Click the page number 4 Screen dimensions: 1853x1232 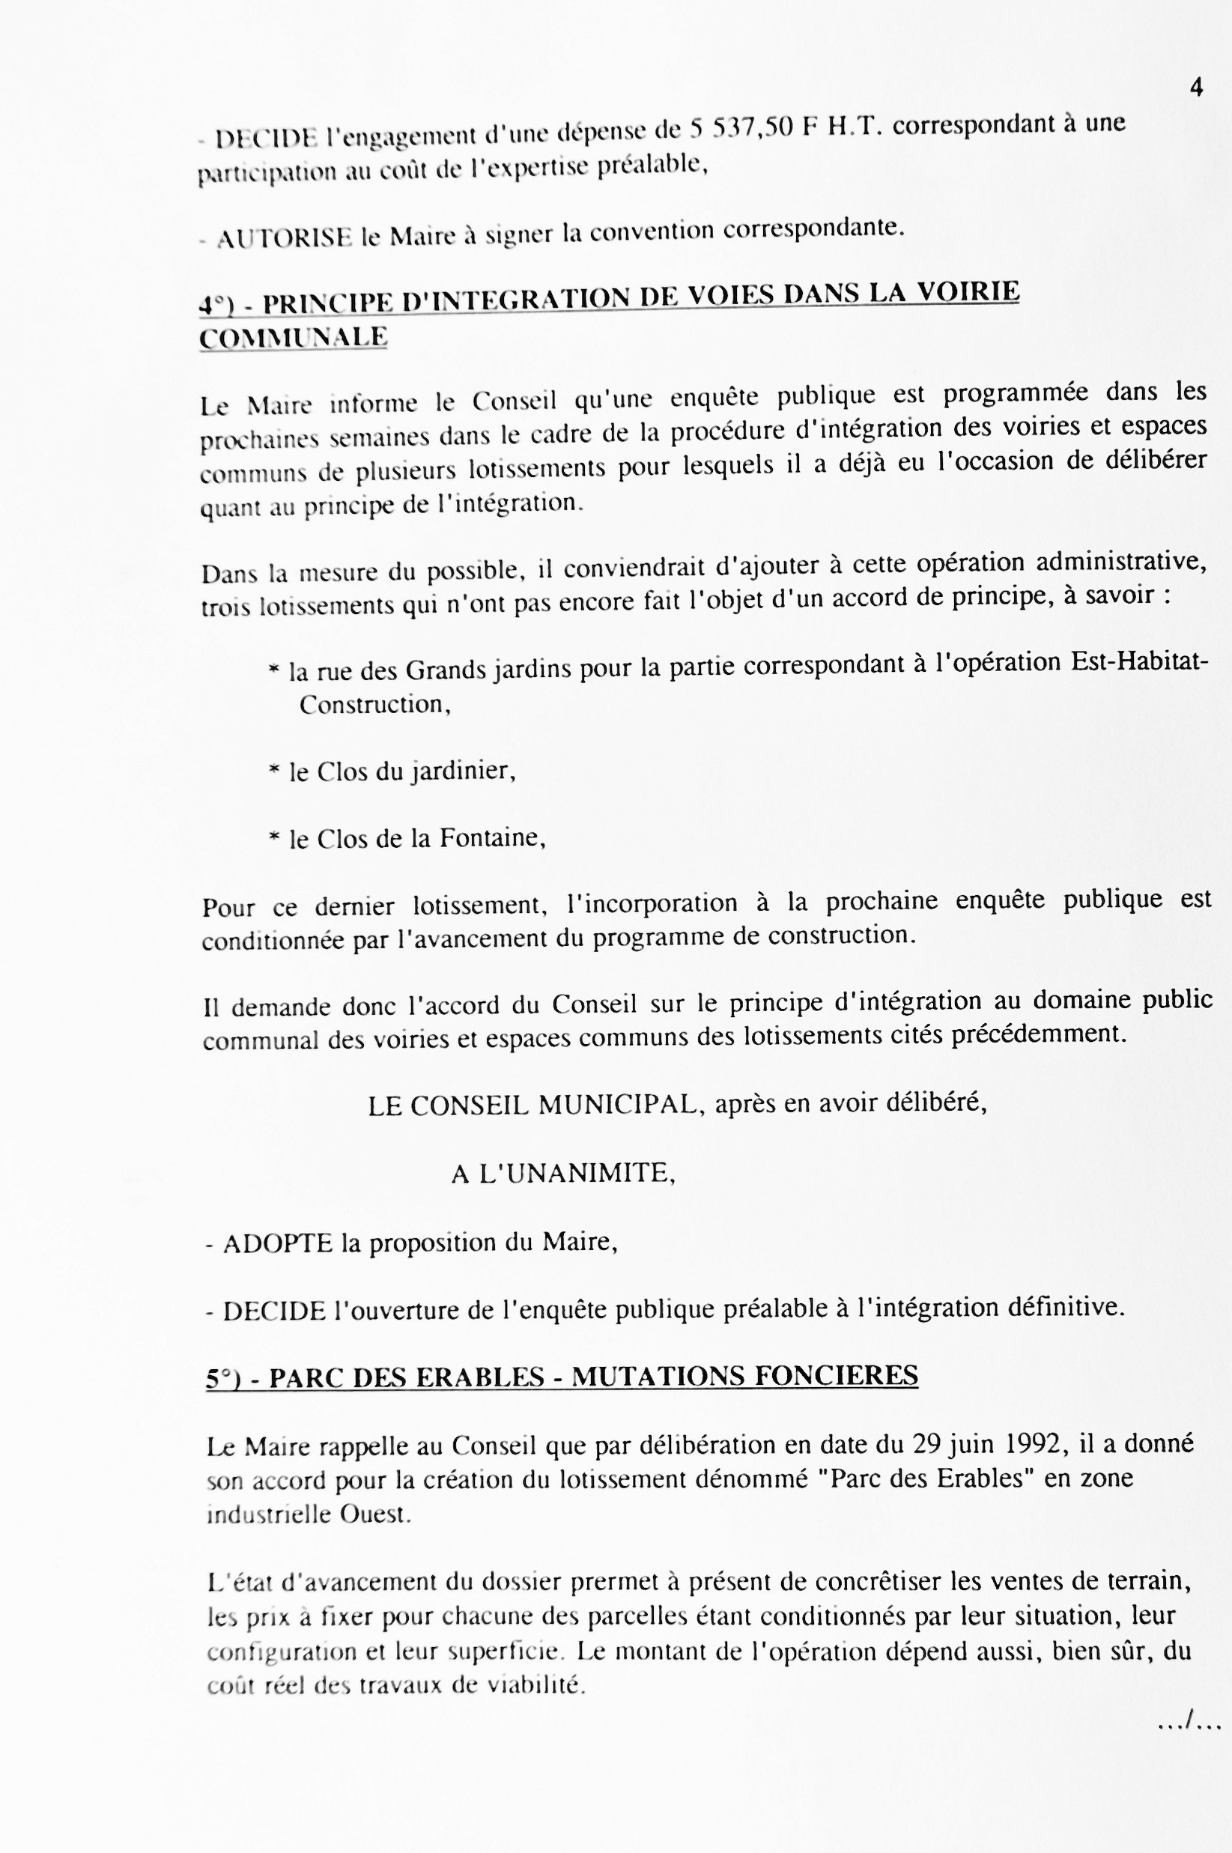[x=1196, y=87]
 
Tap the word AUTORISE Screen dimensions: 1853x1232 [x=284, y=237]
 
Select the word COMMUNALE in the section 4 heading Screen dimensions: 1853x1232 [x=293, y=337]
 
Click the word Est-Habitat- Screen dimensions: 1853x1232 [x=1139, y=661]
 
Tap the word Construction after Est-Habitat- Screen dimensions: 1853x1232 [x=374, y=704]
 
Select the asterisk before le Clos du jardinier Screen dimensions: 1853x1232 [x=273, y=771]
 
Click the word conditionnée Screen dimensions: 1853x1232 [x=273, y=941]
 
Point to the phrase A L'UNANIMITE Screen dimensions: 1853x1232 [x=562, y=1173]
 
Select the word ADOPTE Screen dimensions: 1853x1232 [x=277, y=1243]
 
